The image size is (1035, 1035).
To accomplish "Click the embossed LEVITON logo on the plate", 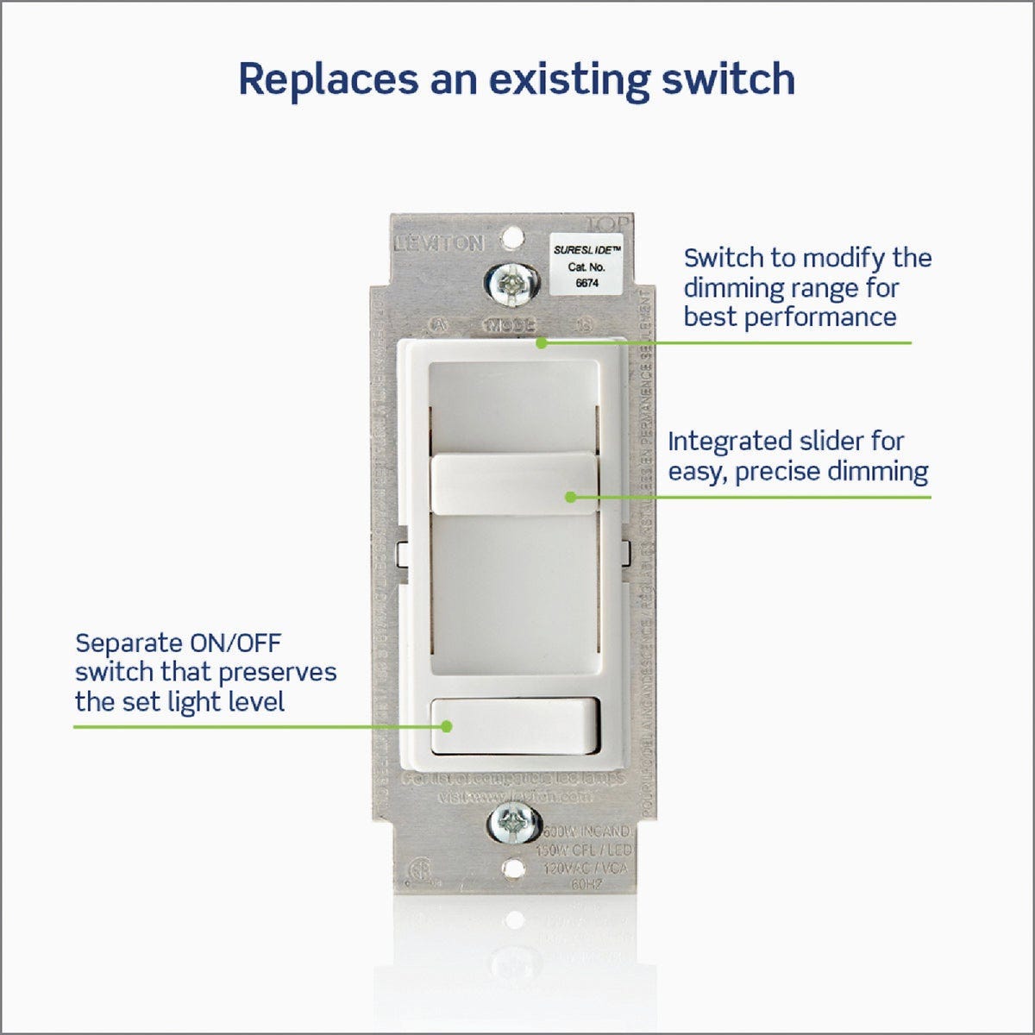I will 439,244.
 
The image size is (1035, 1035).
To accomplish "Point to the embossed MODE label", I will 511,325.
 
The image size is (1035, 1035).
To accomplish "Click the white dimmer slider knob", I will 514,486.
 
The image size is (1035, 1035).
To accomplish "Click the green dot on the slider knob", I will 570,497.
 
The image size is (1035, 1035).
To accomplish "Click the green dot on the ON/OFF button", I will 447,726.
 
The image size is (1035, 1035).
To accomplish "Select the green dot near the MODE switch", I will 541,342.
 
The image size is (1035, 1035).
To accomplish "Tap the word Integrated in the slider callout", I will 723,442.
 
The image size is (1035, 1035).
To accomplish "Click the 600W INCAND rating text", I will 587,831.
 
